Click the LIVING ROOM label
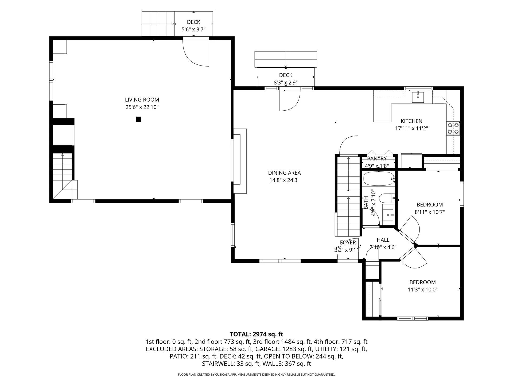tap(142, 100)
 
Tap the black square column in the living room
tap(138, 119)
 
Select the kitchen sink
tap(418, 97)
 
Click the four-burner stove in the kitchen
tap(453, 128)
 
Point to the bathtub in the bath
tap(379, 179)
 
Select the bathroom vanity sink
tap(388, 215)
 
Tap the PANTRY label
tap(377, 159)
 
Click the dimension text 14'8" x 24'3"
tap(284, 180)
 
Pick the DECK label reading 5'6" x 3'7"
tap(193, 22)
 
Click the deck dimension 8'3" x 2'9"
tap(286, 83)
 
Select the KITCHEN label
tap(411, 121)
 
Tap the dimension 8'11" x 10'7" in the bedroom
tap(430, 212)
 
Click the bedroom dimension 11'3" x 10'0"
tap(422, 290)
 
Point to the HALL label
tap(383, 240)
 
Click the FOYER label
tap(348, 242)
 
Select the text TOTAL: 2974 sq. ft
tap(256, 334)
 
